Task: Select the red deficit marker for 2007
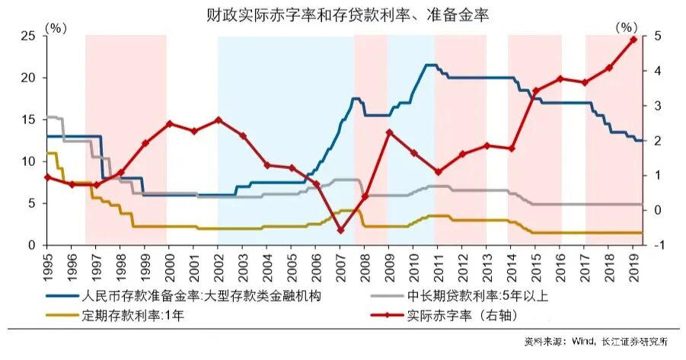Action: click(340, 230)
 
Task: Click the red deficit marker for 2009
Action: click(389, 132)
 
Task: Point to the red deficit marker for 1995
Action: click(47, 177)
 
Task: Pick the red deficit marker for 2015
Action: click(536, 91)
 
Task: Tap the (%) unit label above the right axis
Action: click(624, 27)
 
